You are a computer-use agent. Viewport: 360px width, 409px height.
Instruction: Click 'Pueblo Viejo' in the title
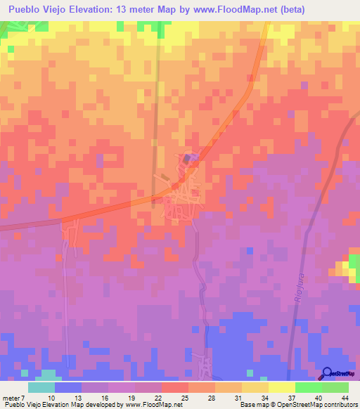pyautogui.click(x=33, y=9)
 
